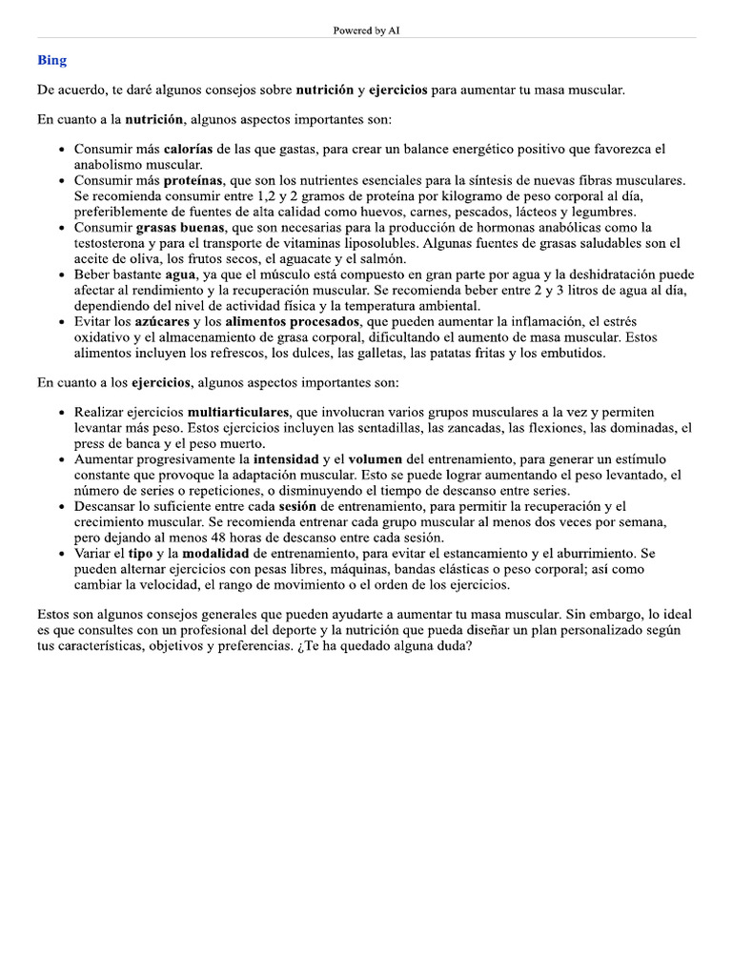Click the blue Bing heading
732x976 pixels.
point(51,60)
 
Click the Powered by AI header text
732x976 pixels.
point(366,30)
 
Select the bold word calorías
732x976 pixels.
point(189,150)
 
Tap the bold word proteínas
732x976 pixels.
point(193,180)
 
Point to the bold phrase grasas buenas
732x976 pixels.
point(180,228)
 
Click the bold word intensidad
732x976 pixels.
point(286,459)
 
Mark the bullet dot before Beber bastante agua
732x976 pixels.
point(62,275)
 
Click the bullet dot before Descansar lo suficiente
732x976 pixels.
point(62,507)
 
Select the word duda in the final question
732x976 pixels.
point(453,646)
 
